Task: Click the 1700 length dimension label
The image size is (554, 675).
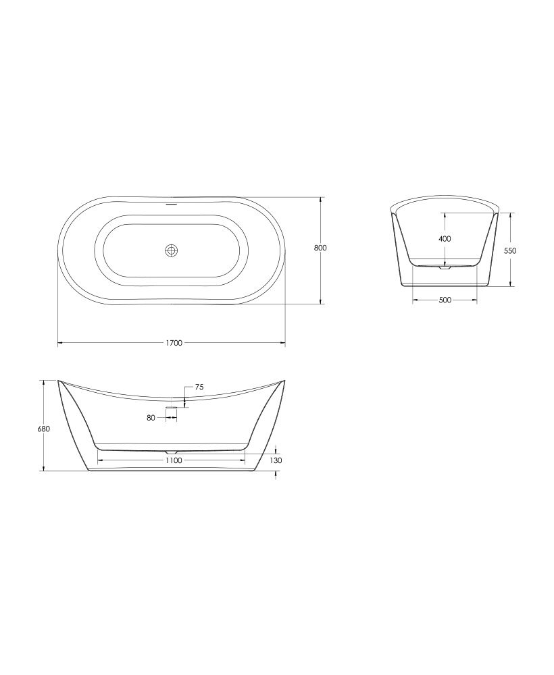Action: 174,343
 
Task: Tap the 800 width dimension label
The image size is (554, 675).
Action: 320,248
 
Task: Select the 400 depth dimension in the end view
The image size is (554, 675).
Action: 445,238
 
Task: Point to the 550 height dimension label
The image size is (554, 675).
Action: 509,250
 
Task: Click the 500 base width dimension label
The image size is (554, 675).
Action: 445,300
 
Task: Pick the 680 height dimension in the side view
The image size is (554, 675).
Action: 44,429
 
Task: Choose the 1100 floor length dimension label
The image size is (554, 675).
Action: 174,460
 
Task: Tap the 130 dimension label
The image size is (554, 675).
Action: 276,460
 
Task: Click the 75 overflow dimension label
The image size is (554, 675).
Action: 199,387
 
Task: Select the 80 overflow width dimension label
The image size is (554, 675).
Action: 151,418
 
